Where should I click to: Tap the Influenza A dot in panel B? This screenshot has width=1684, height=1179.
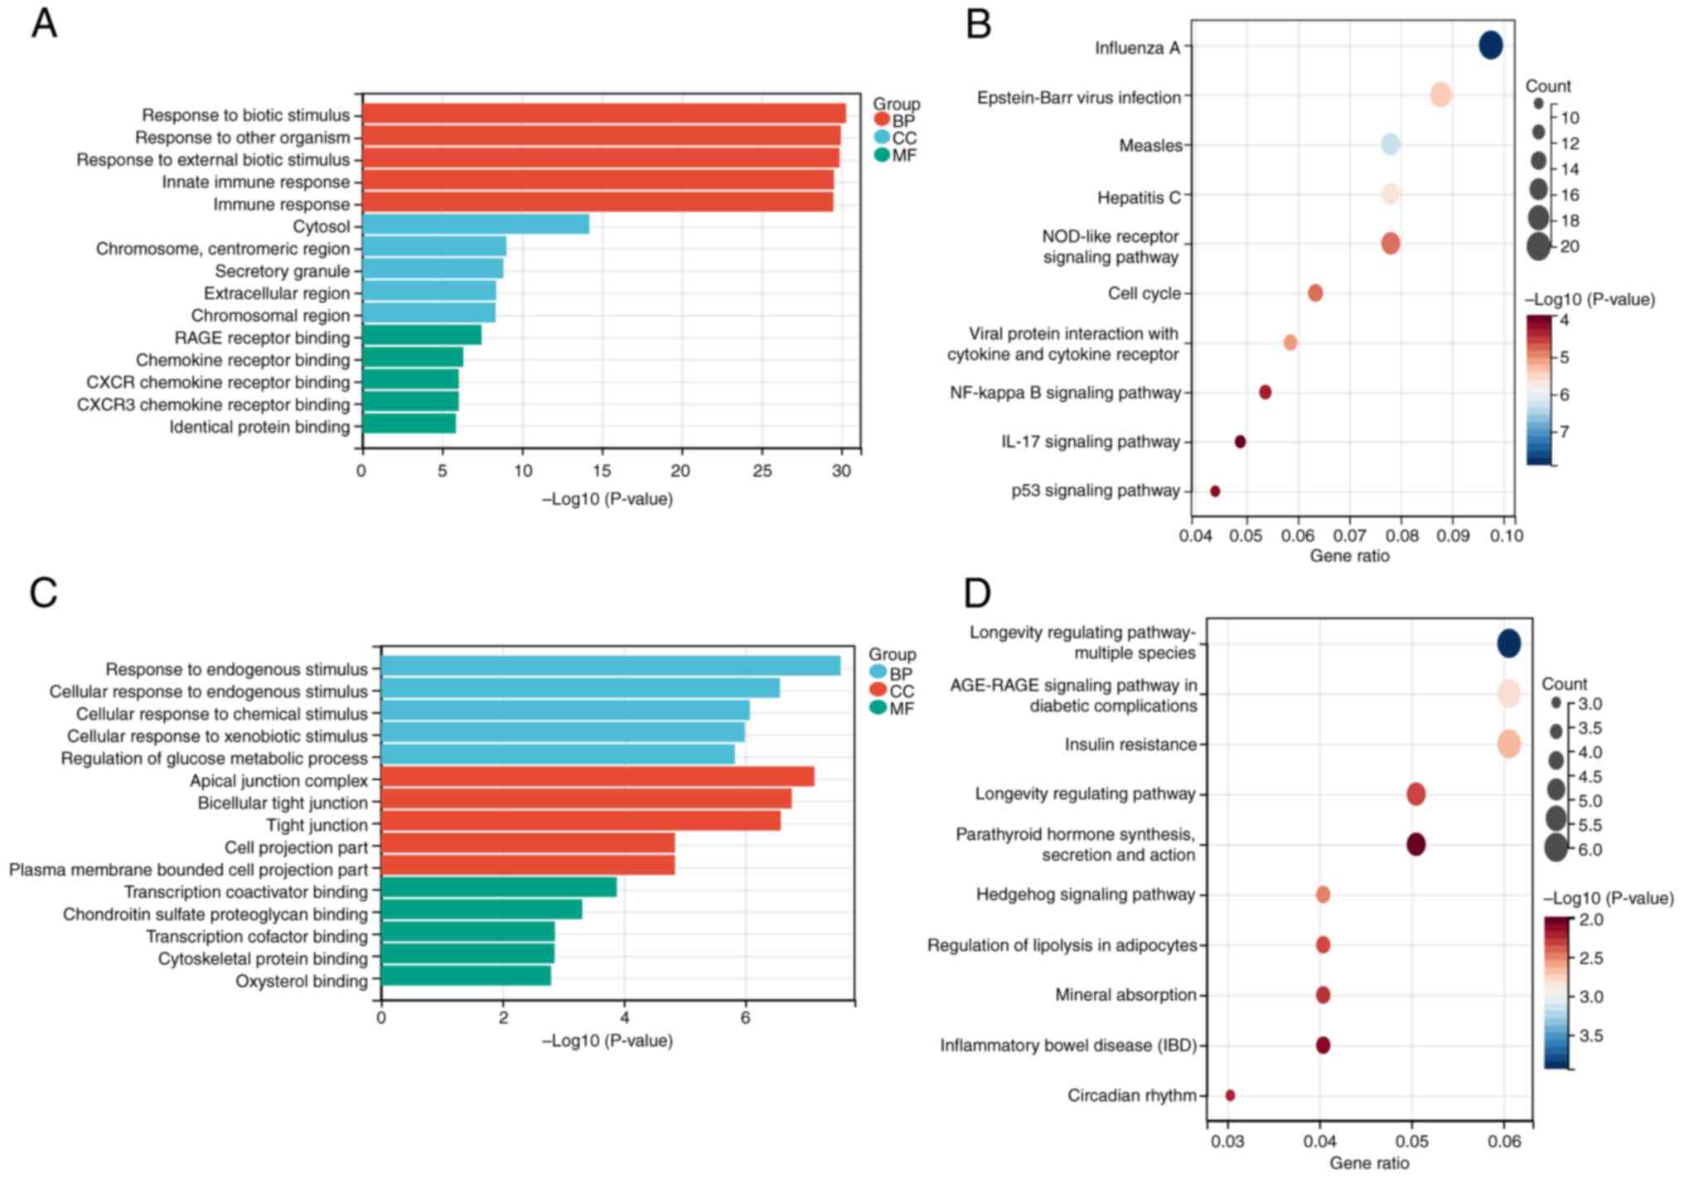(1490, 45)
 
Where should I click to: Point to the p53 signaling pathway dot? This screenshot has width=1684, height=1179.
(1215, 491)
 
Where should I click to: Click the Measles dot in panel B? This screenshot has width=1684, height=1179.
(1391, 144)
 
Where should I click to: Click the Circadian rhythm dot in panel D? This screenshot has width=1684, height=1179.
(1230, 1095)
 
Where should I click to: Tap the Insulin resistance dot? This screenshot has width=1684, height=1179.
(1509, 744)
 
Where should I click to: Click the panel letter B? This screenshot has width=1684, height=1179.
(979, 24)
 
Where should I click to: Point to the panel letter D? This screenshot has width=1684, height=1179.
(978, 594)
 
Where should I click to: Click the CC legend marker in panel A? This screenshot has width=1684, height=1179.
(881, 138)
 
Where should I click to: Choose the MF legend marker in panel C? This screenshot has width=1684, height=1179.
(878, 708)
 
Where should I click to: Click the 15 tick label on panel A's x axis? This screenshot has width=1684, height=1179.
(602, 471)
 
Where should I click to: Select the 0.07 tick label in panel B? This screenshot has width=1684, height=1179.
(1350, 536)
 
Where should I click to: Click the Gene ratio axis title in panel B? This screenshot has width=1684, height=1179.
(1349, 556)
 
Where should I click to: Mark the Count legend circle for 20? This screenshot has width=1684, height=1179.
(1538, 246)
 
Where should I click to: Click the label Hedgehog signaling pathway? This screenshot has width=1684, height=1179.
(1085, 895)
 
